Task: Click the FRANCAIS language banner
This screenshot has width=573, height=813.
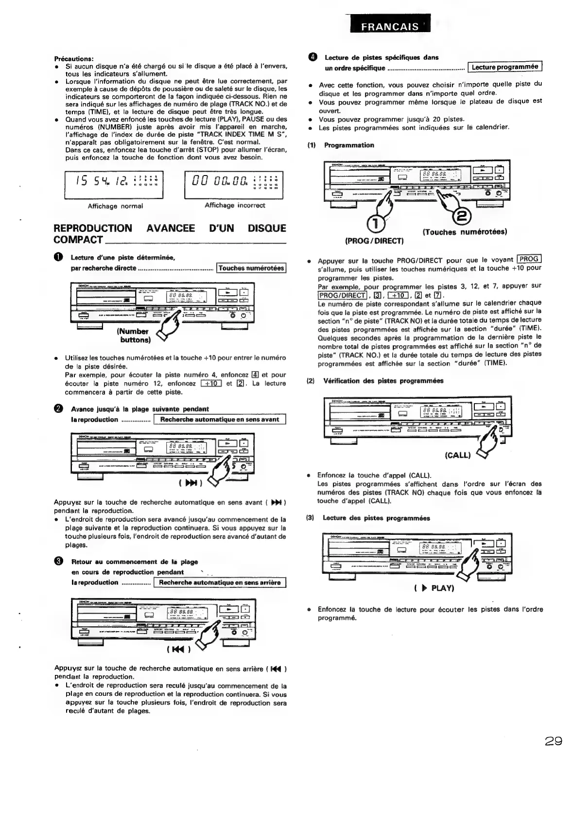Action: click(x=389, y=26)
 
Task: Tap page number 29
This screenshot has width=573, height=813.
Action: click(x=553, y=742)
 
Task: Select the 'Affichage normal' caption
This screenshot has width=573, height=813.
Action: click(x=115, y=206)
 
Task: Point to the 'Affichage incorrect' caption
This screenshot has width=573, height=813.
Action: click(x=235, y=205)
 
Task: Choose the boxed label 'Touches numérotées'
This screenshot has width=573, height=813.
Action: click(x=251, y=268)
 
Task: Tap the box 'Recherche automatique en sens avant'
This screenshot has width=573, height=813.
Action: click(x=219, y=419)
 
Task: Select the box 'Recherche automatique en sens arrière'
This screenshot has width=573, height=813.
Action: click(x=220, y=583)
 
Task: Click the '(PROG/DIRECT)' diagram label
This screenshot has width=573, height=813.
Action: click(x=374, y=240)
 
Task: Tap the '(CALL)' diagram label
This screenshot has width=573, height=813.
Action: click(x=458, y=455)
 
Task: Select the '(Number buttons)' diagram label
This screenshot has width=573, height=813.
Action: click(x=133, y=336)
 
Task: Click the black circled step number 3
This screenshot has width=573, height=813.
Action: click(x=58, y=562)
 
